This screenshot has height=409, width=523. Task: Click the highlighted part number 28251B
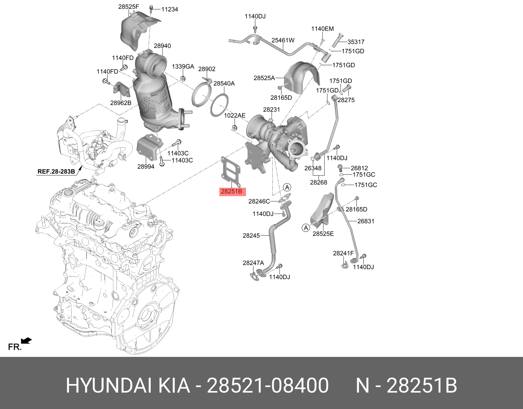tap(232, 192)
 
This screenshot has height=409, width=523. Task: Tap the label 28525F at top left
tap(129, 7)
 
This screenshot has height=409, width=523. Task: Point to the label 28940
tap(162, 46)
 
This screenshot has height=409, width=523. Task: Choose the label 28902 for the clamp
tap(207, 69)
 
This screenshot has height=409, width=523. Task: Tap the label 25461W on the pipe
tap(283, 40)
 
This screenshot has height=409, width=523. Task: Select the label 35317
tap(356, 42)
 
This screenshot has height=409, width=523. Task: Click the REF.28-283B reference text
tap(56, 171)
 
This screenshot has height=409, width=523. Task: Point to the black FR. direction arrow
tap(26, 340)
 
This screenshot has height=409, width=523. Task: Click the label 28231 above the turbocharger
tap(271, 109)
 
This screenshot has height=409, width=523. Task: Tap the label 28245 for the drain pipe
tap(251, 236)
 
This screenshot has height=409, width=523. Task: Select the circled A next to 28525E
tap(306, 228)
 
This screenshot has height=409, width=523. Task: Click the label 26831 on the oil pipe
tap(366, 221)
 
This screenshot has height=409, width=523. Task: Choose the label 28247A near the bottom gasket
tap(253, 263)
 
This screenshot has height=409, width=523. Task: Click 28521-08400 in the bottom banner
tap(268, 385)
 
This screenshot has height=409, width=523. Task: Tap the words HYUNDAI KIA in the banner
tap(128, 385)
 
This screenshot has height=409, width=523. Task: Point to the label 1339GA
tap(183, 66)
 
